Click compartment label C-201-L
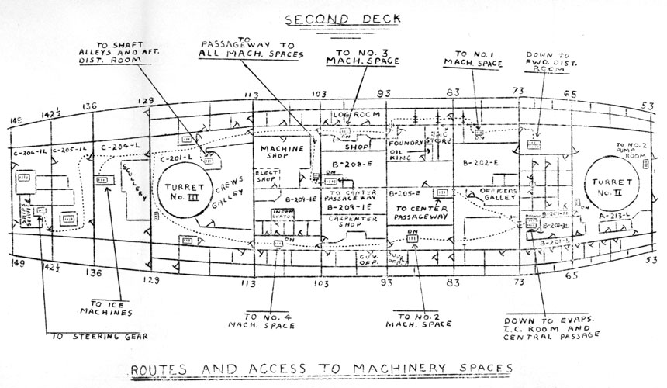click(x=175, y=158)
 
